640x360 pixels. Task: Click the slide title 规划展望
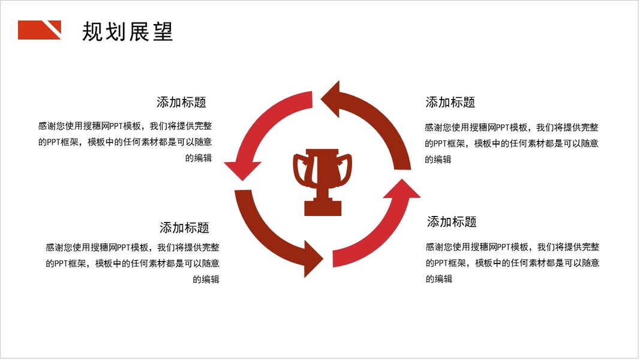(x=127, y=31)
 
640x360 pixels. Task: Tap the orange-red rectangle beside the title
(x=36, y=30)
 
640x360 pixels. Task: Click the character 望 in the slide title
(x=163, y=31)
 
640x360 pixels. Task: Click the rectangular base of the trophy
(x=323, y=208)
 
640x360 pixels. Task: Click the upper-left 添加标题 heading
(x=181, y=102)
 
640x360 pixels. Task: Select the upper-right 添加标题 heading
(x=450, y=102)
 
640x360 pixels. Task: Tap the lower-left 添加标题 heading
(x=184, y=227)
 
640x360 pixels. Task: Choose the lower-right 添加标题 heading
(x=452, y=221)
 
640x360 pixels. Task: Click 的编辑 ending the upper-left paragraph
(x=199, y=158)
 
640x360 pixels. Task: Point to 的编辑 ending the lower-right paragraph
(x=439, y=278)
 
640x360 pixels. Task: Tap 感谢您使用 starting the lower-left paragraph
(x=68, y=247)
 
